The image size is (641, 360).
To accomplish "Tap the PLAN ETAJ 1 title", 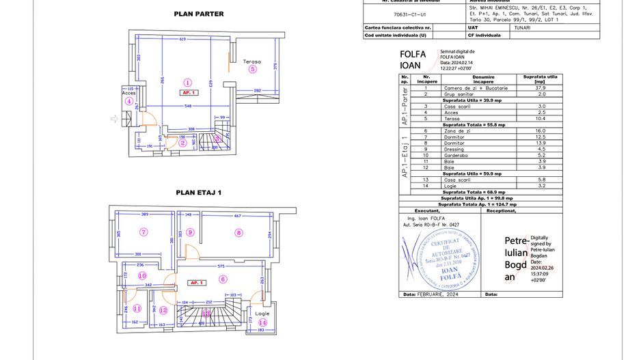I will point(199,193).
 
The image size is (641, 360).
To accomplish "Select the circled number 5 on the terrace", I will point(252,69).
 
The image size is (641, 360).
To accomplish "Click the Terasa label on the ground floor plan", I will point(252,61).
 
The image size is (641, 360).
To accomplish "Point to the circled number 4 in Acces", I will point(128,101).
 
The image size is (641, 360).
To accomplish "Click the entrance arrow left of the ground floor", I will point(114,119).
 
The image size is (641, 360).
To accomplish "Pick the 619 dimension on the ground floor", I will point(183,40).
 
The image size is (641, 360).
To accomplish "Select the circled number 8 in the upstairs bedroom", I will point(238,232).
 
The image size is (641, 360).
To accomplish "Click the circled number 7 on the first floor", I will point(144,232).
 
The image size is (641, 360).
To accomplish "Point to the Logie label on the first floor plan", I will point(262,314).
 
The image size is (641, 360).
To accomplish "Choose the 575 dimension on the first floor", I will point(221,265).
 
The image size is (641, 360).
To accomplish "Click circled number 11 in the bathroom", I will point(137,309).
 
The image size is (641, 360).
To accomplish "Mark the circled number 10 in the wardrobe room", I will point(142,276).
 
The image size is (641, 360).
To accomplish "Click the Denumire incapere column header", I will point(473,79).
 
